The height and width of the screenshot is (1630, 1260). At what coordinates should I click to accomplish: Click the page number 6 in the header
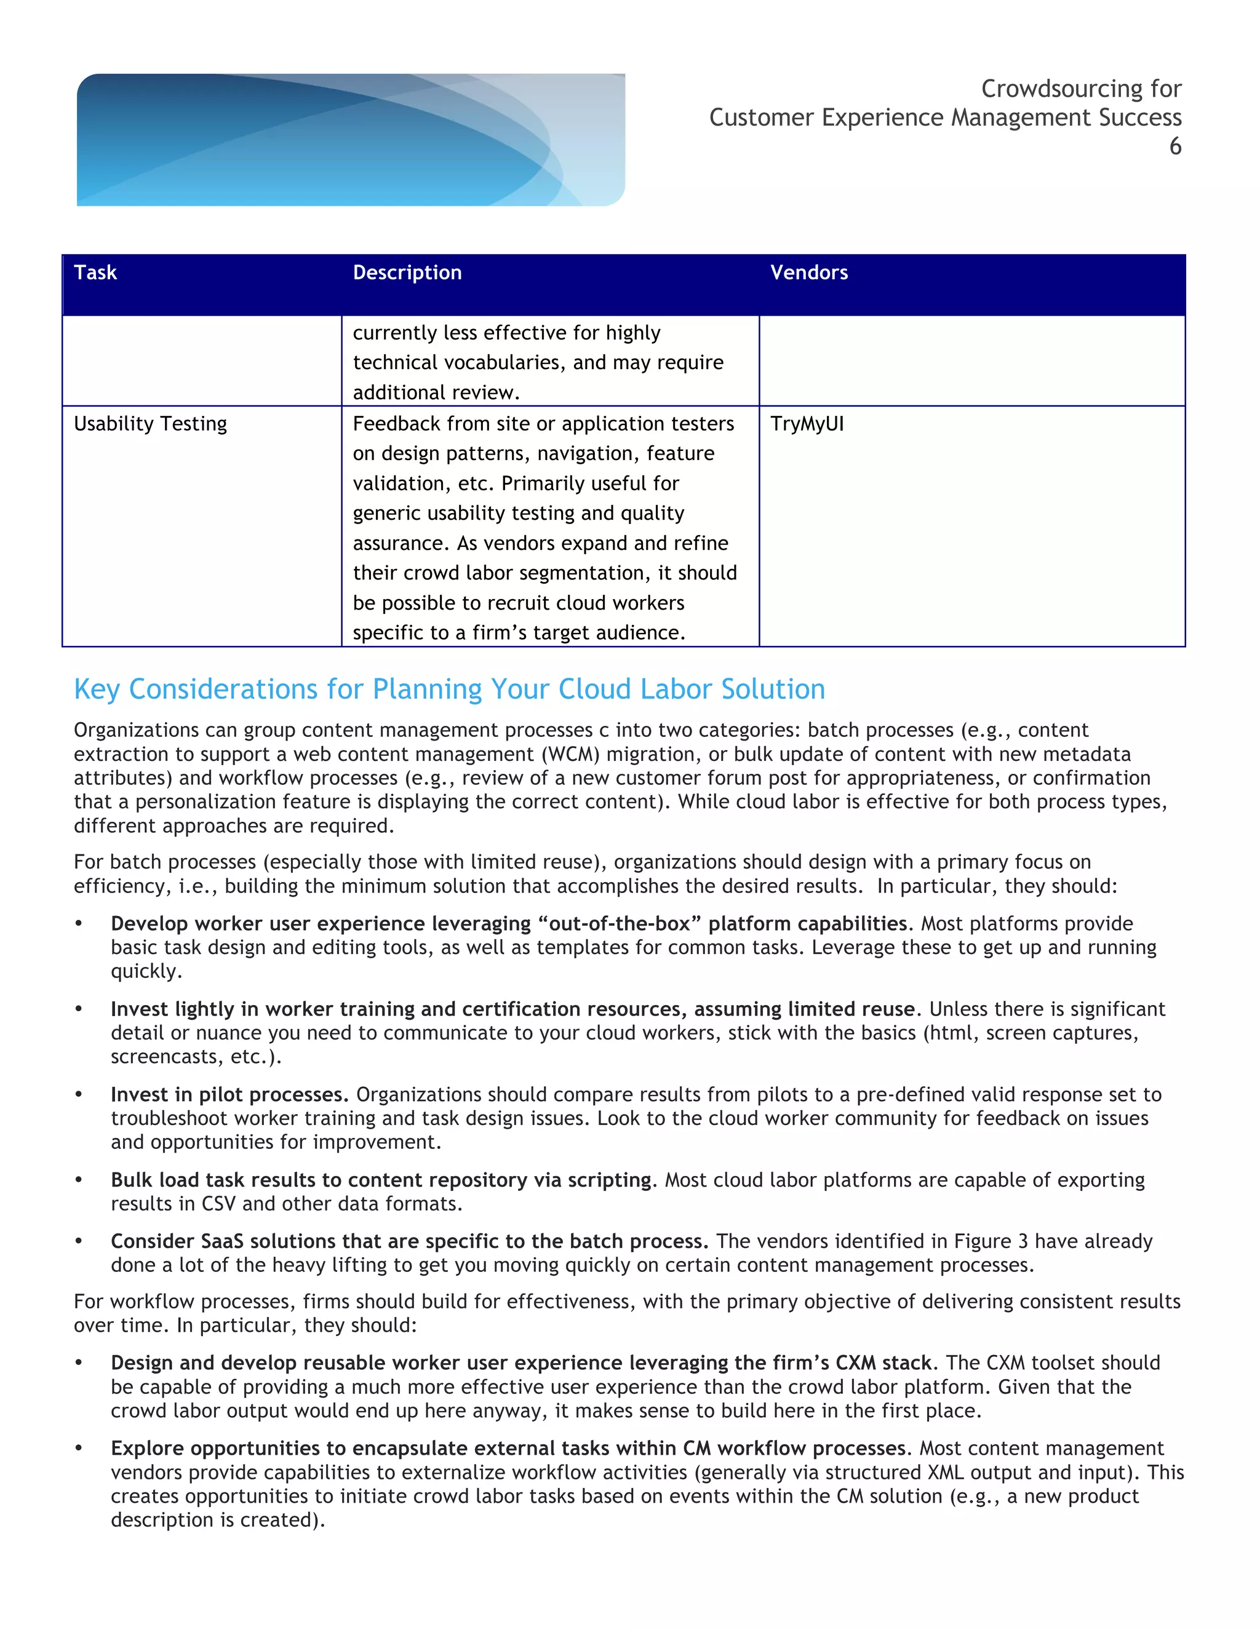[x=1175, y=146]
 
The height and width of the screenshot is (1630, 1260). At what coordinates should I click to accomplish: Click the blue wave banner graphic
[x=351, y=140]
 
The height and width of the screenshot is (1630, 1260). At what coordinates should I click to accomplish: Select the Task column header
[x=95, y=272]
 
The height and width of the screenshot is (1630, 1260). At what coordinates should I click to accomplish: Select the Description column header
[x=407, y=272]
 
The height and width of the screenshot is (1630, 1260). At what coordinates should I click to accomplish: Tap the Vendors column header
[x=808, y=272]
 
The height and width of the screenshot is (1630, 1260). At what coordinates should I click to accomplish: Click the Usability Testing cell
[x=150, y=424]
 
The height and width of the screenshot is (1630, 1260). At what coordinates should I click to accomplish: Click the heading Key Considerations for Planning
[x=449, y=689]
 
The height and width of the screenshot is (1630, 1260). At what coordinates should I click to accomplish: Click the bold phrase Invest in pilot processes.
[x=229, y=1095]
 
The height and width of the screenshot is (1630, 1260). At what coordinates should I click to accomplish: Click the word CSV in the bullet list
[x=218, y=1204]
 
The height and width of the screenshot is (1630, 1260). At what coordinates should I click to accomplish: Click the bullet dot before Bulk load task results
[x=78, y=1181]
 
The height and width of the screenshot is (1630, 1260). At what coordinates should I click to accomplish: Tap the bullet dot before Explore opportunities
[x=78, y=1449]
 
